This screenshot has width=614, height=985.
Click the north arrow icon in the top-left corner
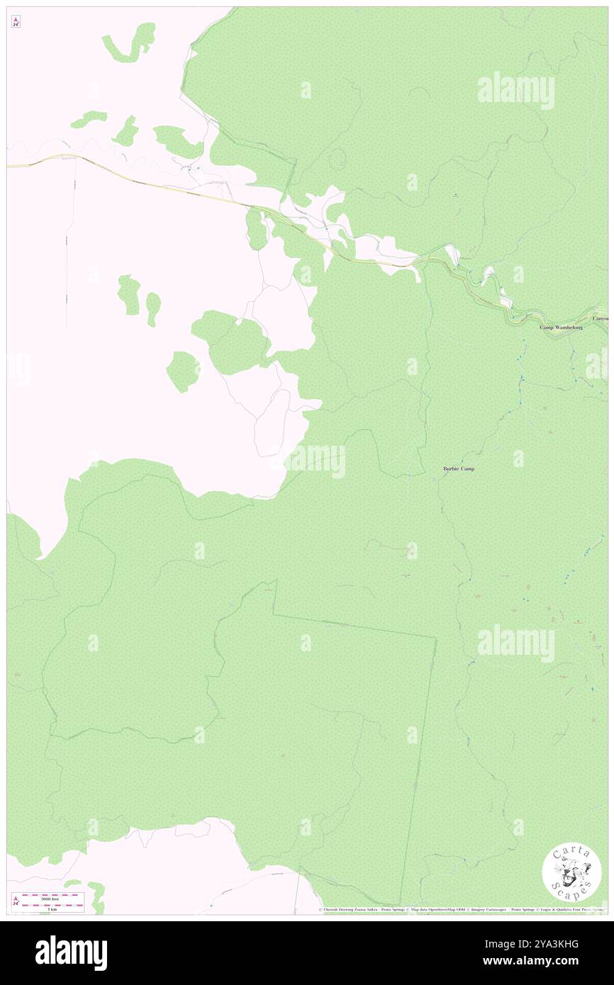coord(16,23)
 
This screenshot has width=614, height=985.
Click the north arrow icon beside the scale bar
coord(16,901)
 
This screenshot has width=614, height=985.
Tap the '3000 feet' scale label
coord(49,898)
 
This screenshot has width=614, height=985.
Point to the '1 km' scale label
coord(49,908)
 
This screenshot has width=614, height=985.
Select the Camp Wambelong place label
coord(561,327)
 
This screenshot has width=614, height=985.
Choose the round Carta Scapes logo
coord(571,874)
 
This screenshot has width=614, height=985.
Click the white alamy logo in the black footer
coord(71,952)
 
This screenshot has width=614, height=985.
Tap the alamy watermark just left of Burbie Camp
coord(316,461)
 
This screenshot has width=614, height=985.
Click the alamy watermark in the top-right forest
coord(515,91)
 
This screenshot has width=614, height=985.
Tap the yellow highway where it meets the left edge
coord(9,166)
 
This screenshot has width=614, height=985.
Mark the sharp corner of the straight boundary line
coord(435,638)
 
